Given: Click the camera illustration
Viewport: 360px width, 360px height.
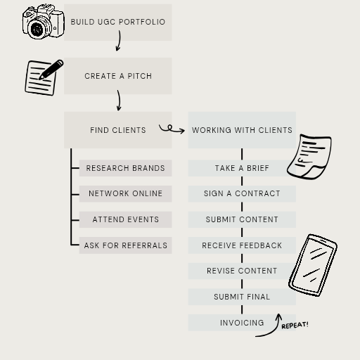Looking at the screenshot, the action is [x=44, y=21].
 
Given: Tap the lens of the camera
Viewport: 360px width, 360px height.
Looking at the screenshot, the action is [x=37, y=29].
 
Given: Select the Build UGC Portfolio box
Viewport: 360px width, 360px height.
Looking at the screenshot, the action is [x=118, y=22].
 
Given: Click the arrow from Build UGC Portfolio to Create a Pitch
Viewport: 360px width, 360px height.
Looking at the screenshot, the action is [x=119, y=40].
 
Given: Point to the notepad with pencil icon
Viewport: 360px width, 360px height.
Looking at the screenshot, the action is [x=44, y=77].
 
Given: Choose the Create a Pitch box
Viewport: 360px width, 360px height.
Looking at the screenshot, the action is [x=118, y=76].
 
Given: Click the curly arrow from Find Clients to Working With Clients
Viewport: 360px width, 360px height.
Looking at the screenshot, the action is [x=172, y=129].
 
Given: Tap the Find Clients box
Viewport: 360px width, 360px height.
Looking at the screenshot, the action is [x=118, y=130].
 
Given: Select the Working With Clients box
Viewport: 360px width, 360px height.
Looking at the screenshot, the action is [x=242, y=130].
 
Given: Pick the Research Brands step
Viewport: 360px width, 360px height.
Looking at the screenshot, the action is [x=125, y=168].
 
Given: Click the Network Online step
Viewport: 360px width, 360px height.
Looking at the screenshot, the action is [x=125, y=193].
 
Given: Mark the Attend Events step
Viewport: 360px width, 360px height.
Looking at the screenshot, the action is [x=125, y=219].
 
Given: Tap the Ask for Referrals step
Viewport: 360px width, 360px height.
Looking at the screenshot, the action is [x=125, y=245].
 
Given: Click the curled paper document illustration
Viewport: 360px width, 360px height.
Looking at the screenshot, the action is [x=309, y=157].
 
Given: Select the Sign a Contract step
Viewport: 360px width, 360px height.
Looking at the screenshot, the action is [x=242, y=193].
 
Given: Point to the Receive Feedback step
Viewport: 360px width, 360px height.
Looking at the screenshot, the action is [x=242, y=245].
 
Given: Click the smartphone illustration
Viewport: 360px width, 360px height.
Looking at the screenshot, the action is [x=313, y=265].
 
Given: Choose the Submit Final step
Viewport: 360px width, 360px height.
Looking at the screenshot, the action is [x=242, y=297].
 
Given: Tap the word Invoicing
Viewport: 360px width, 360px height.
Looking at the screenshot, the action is [x=242, y=323].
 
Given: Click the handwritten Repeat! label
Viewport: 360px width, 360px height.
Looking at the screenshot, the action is [x=295, y=326].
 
